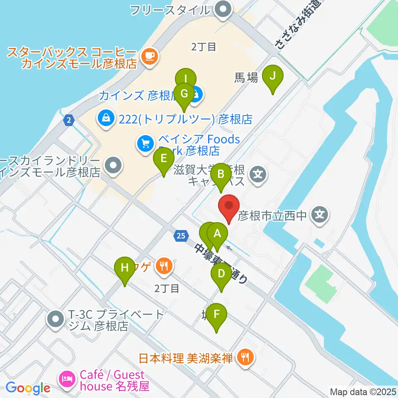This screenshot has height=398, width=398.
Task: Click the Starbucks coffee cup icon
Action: point(149,56)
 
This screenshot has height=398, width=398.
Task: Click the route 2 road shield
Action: point(68,120)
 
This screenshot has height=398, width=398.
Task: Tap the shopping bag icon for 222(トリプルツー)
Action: point(107,119)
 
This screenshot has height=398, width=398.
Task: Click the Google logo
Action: point(27,388)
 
